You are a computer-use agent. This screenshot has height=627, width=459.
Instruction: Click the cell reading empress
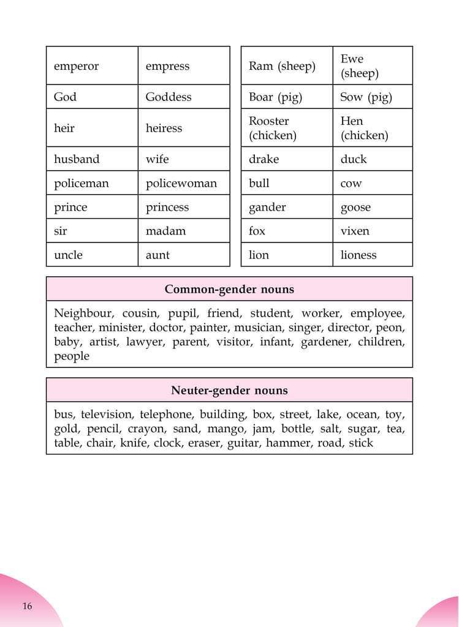point(167,66)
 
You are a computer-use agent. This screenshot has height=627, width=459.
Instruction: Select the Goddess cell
point(169,97)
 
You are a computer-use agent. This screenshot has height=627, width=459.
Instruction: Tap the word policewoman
point(181,183)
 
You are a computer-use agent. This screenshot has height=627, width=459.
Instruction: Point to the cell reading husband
point(77,159)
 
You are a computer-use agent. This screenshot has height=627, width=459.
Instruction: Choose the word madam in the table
point(165,231)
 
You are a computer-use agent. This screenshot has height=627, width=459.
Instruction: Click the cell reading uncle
point(68,255)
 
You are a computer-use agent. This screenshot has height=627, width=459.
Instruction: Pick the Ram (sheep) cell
point(282,66)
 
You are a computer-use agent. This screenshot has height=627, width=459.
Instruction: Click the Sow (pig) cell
point(366,97)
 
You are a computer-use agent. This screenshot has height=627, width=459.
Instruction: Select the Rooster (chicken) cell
point(272,128)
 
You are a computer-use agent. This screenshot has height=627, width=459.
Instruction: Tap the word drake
point(264,159)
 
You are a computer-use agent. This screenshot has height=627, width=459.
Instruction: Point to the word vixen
point(355,231)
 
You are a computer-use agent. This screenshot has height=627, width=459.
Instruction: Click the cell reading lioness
point(358,255)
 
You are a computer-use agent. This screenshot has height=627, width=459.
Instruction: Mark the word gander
point(267,207)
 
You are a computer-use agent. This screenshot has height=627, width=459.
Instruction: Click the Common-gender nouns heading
point(229,289)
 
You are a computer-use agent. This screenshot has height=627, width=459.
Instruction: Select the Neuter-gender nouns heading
point(229,390)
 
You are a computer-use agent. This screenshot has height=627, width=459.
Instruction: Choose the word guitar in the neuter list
point(243,443)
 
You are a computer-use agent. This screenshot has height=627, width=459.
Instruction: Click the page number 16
point(27,606)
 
